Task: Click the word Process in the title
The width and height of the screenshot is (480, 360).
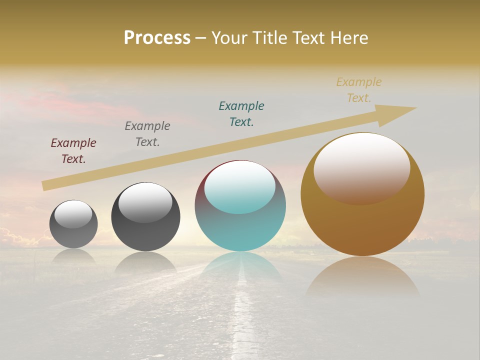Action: pyautogui.click(x=157, y=38)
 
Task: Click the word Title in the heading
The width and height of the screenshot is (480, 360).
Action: pyautogui.click(x=270, y=38)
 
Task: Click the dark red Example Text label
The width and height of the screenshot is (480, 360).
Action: pyautogui.click(x=73, y=150)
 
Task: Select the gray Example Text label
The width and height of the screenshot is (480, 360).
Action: pyautogui.click(x=147, y=133)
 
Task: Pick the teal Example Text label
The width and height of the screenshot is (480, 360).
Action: pyautogui.click(x=241, y=113)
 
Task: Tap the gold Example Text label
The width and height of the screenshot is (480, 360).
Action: pyautogui.click(x=359, y=89)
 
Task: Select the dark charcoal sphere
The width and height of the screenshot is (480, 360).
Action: pyautogui.click(x=145, y=235)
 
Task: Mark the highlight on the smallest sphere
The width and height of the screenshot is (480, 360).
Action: pyautogui.click(x=73, y=214)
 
